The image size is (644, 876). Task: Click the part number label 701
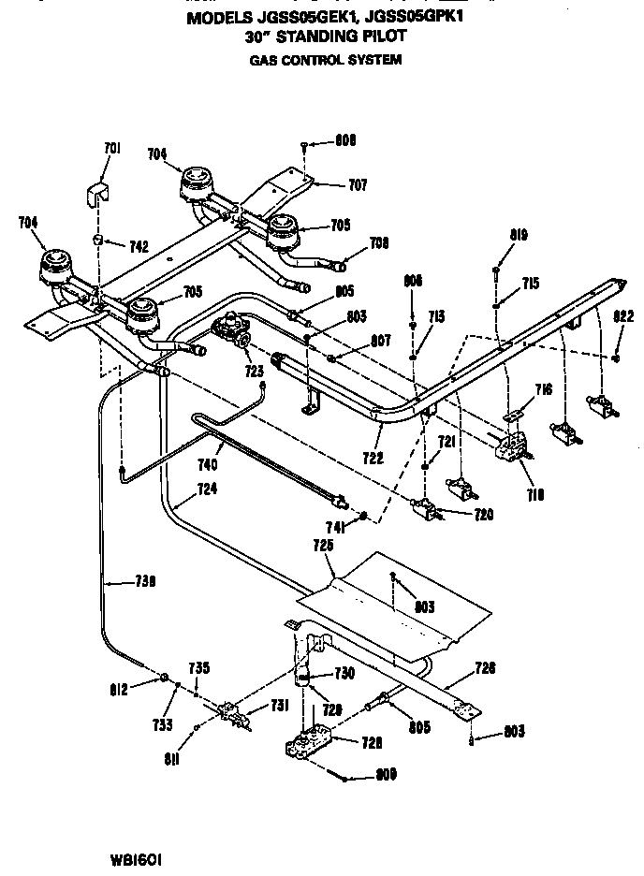[112, 147]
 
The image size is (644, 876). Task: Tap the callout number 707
[358, 185]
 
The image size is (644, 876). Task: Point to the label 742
[138, 246]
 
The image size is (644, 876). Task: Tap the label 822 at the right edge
[623, 316]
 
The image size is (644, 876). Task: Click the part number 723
[255, 372]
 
